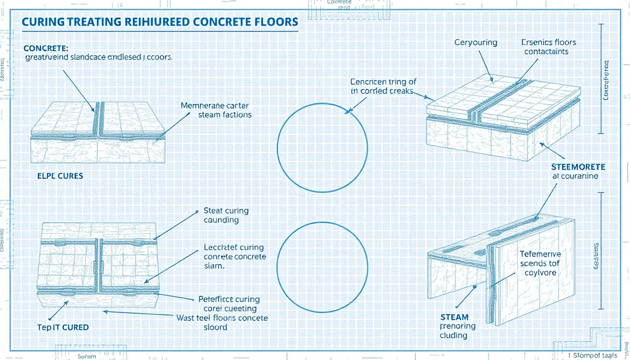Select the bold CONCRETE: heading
[45, 48]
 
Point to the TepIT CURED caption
[60, 327]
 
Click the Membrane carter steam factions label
[216, 110]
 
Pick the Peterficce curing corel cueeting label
[229, 303]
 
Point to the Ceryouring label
[475, 43]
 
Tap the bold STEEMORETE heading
[577, 167]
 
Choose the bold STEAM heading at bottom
[454, 317]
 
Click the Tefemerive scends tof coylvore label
[540, 263]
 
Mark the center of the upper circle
[322, 148]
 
